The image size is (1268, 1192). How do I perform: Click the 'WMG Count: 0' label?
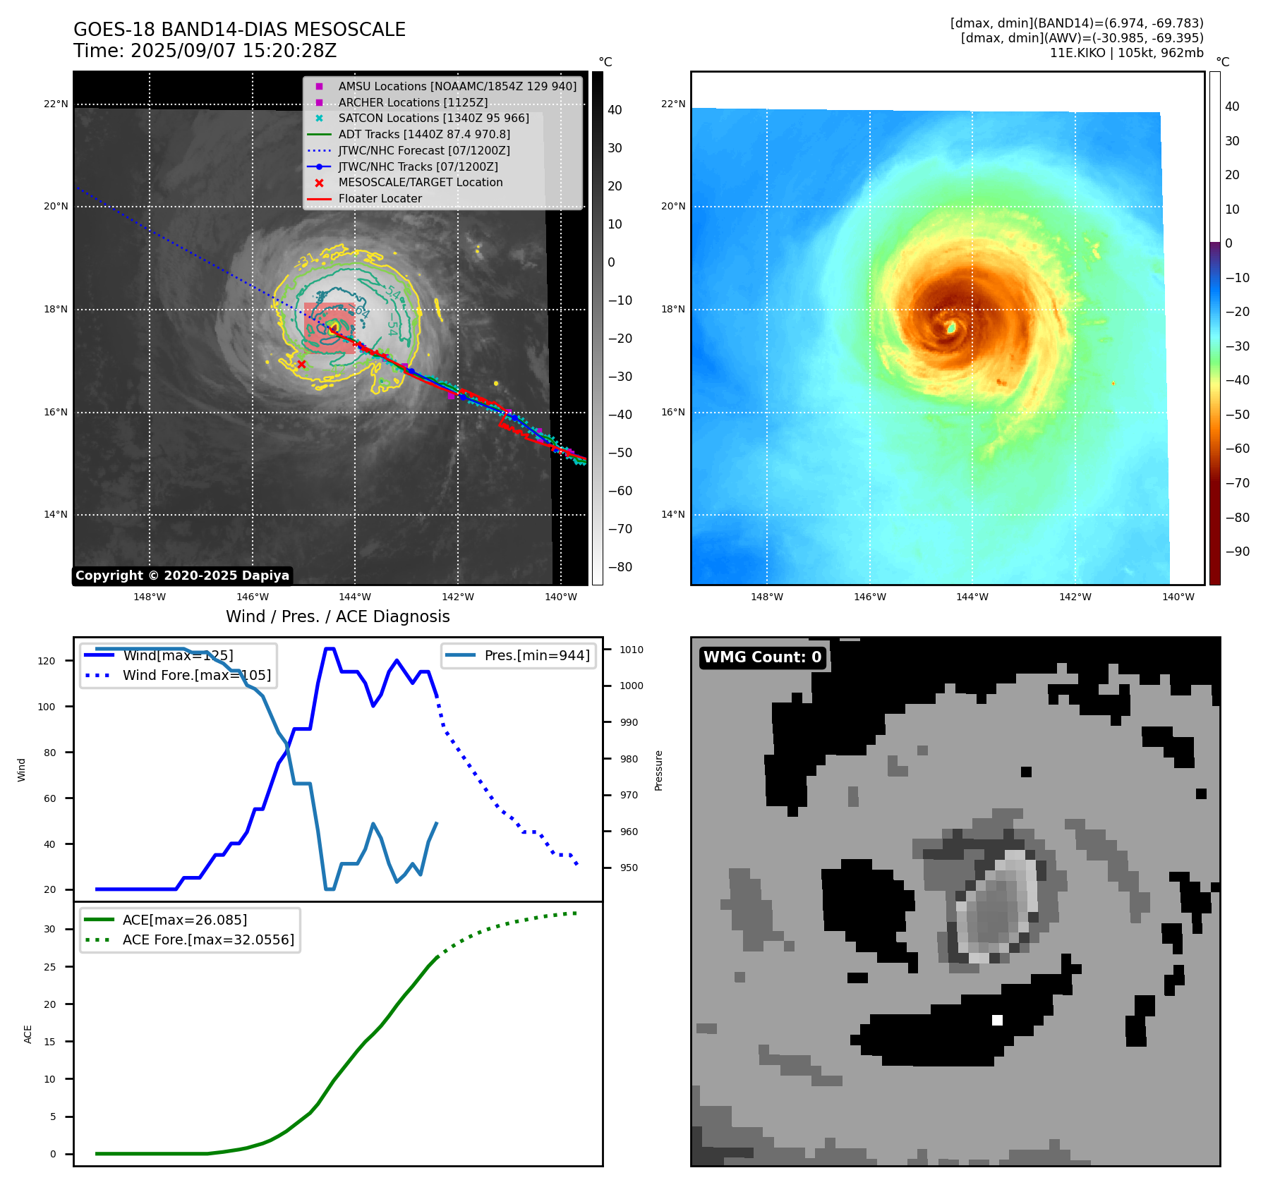coord(762,657)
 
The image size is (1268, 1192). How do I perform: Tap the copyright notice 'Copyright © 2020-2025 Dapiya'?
coord(182,576)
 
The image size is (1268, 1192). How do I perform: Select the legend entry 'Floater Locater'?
coord(380,199)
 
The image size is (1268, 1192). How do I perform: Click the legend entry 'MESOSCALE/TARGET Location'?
coord(420,183)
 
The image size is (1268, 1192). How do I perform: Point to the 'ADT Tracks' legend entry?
coord(423,134)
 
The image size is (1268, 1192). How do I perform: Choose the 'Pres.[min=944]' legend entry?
coord(536,655)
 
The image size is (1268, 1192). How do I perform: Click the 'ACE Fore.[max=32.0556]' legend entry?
coord(208,939)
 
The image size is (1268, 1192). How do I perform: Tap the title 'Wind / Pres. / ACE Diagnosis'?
coord(337,616)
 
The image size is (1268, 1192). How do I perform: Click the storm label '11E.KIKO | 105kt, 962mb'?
coord(1126,53)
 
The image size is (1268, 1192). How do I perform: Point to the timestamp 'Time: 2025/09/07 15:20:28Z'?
coord(205,51)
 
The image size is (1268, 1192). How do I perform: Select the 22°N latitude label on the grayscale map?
coord(56,104)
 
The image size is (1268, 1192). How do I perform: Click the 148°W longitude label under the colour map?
coord(766,597)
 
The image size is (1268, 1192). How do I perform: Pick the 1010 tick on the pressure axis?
coord(632,650)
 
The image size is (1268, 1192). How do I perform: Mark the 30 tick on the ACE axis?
coord(49,929)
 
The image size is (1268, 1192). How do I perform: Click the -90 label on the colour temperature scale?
coord(1237,552)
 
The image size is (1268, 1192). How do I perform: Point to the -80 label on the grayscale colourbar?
coord(620,567)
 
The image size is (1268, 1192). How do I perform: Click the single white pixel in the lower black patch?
coord(997,1020)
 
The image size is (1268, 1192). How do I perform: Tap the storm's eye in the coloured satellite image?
coord(952,327)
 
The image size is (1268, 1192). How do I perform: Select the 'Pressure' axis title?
coord(658,770)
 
